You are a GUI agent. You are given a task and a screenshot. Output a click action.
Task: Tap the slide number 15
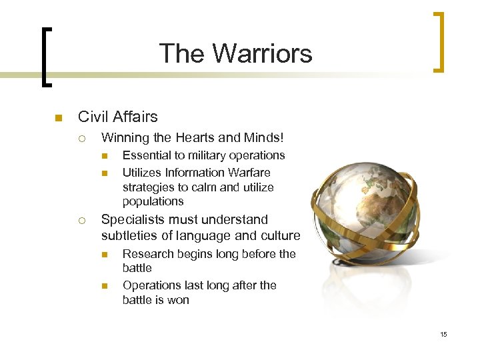[443, 334]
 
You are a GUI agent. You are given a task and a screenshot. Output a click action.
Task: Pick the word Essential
[146, 155]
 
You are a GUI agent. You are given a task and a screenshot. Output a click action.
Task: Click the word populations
[153, 201]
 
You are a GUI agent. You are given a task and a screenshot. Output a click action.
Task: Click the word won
[178, 300]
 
